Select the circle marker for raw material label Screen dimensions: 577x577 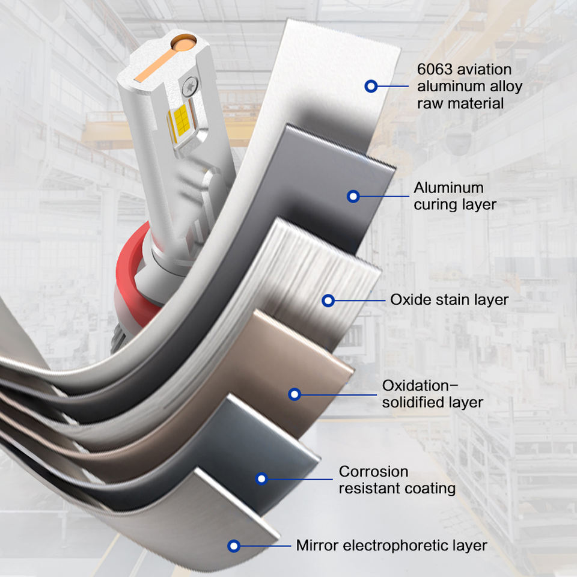click(371, 86)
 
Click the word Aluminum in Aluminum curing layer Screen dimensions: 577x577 click(448, 188)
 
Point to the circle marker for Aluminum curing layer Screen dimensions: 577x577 click(353, 196)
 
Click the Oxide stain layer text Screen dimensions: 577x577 click(449, 299)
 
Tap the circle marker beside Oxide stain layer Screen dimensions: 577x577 click(328, 301)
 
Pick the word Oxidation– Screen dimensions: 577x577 click(421, 385)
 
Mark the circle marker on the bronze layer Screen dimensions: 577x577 click(294, 394)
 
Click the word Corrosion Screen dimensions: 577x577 click(373, 471)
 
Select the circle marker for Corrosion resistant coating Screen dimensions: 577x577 click(261, 479)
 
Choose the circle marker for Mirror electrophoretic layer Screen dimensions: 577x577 click(234, 546)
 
